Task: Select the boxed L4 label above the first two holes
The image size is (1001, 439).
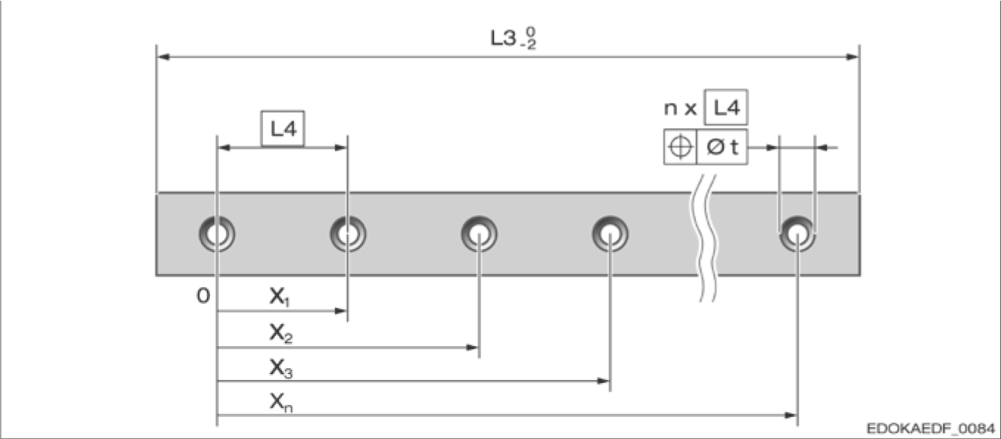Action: [283, 130]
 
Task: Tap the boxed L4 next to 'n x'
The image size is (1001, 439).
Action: [726, 108]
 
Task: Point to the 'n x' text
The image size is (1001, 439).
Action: [681, 109]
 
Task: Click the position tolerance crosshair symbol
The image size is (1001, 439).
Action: [680, 147]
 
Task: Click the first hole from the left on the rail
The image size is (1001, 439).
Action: [217, 234]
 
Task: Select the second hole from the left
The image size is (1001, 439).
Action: [348, 234]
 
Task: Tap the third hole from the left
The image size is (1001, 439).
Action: [480, 234]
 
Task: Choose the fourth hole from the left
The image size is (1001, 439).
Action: [610, 234]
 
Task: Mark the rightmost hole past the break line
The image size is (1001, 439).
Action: [798, 234]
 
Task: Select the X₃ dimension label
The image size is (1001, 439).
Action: [279, 368]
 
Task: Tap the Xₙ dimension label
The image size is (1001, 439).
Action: [279, 402]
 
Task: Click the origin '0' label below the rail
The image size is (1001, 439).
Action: [203, 296]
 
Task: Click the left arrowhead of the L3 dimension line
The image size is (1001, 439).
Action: [164, 57]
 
